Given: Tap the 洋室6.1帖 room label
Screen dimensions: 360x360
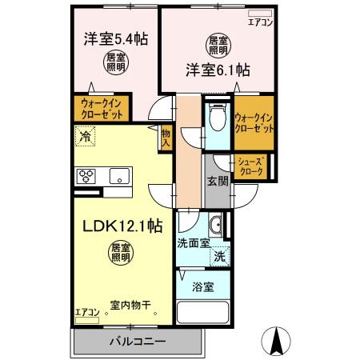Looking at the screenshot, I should point(217,69).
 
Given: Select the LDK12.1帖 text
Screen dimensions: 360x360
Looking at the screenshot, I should point(119,228).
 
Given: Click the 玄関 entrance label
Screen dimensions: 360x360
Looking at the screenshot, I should point(218,180).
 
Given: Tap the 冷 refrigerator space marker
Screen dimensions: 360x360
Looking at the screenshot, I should point(83,137).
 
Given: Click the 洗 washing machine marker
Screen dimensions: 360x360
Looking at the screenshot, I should point(218,257).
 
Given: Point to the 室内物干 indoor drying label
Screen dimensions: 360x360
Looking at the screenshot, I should point(130,305).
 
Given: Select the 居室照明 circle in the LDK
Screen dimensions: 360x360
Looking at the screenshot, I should point(119,254).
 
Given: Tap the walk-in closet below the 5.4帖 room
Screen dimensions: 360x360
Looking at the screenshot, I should point(101,108).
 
